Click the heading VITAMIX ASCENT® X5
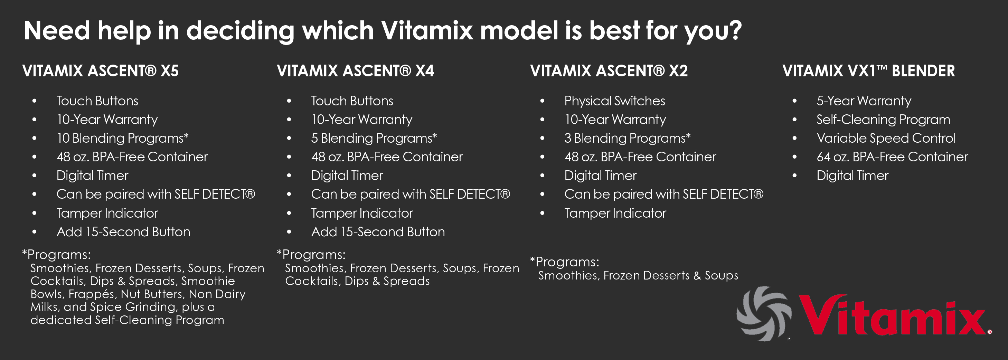(101, 71)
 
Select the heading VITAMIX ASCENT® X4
(355, 71)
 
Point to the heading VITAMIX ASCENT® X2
(609, 71)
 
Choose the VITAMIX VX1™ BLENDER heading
(869, 71)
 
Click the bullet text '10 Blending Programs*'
(122, 138)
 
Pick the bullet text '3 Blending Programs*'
(627, 138)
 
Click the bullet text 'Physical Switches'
(614, 101)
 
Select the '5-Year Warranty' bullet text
(864, 101)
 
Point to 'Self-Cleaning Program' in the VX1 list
(883, 119)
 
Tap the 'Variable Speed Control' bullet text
(886, 138)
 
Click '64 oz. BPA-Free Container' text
(892, 157)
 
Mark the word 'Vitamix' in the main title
(427, 30)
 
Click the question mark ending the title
(734, 30)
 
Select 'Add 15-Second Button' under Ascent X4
(378, 232)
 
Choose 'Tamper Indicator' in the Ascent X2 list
(615, 213)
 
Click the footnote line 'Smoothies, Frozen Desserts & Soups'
(638, 275)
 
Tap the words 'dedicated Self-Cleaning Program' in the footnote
(127, 320)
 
